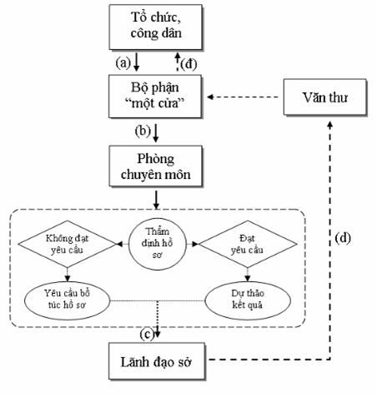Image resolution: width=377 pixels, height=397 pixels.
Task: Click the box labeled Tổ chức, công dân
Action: point(155,27)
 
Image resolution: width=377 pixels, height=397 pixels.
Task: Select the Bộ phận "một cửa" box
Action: point(155,97)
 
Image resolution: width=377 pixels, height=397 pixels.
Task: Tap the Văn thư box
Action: point(325,97)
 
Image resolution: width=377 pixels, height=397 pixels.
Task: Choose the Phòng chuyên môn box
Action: point(156,166)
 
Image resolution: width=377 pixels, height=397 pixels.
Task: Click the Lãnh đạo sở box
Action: point(157,361)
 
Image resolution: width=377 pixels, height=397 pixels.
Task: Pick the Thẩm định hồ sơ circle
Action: point(158,244)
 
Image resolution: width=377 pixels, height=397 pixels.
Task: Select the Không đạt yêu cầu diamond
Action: point(68,244)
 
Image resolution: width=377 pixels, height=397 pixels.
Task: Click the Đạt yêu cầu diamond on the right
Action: point(248,244)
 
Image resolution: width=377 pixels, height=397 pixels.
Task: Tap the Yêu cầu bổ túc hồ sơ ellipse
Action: point(68,300)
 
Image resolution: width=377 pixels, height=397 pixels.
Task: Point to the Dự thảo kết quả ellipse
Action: point(248,300)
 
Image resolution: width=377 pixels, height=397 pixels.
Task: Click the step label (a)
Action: point(123,63)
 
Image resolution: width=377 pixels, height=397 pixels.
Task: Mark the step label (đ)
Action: point(188,64)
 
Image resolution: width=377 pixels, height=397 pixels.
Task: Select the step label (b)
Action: point(143,131)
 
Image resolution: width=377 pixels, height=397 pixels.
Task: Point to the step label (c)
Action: point(147,335)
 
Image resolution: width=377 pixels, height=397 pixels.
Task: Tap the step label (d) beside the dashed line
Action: point(343,238)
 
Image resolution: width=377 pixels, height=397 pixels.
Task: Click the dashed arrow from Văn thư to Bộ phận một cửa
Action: point(243,97)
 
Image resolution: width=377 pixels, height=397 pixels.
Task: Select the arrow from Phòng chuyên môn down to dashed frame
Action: point(156,200)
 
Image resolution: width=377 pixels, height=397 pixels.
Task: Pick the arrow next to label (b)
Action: point(156,133)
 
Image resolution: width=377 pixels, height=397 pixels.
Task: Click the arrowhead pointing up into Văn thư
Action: point(330,125)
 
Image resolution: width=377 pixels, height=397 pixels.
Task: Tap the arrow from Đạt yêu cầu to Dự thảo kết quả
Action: point(248,275)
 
